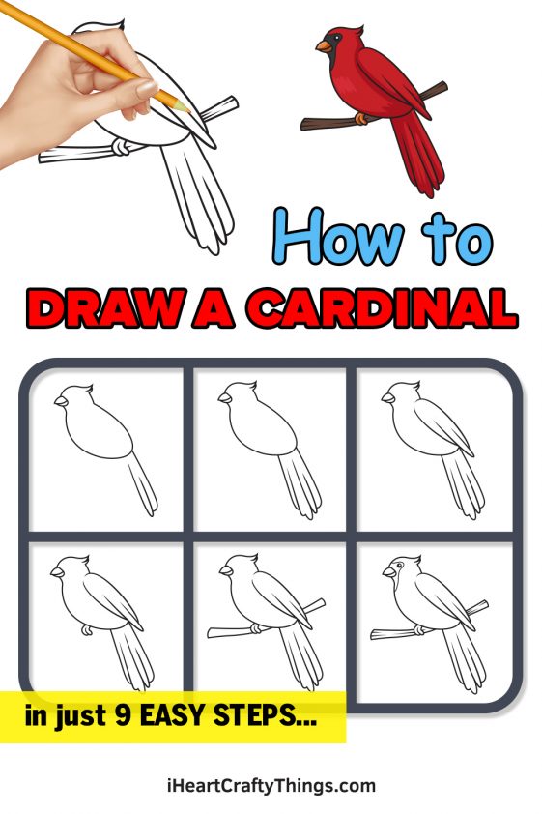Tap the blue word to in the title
(455, 237)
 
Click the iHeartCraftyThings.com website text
(271, 785)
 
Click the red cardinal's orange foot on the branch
(363, 118)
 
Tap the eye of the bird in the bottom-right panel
(398, 566)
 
